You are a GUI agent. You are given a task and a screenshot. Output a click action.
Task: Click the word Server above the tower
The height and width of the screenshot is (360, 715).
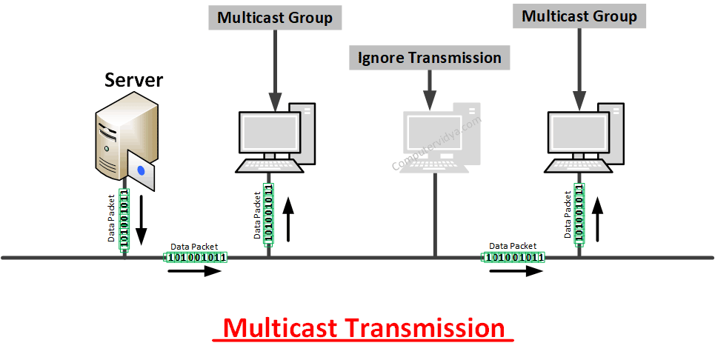click(134, 80)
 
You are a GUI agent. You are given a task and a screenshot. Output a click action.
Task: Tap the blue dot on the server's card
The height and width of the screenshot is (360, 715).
click(141, 171)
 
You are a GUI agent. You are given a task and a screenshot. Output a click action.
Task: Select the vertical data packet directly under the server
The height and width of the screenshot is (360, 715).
click(124, 217)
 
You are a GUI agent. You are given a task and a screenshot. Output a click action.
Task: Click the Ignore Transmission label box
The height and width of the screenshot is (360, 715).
click(429, 58)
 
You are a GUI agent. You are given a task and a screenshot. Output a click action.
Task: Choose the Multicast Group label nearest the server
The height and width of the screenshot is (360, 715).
click(276, 17)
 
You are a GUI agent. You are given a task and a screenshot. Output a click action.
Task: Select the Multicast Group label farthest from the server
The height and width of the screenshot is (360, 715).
click(579, 16)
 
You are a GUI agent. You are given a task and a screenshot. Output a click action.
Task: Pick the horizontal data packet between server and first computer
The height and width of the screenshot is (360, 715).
click(194, 257)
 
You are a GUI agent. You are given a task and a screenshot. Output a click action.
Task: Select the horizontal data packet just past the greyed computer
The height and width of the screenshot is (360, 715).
click(513, 257)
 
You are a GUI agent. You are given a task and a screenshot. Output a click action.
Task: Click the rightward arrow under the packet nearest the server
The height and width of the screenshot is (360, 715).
click(194, 271)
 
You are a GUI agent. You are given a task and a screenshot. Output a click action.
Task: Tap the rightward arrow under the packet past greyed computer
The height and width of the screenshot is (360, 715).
click(516, 271)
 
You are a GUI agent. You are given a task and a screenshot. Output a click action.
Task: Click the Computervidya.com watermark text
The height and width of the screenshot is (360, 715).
click(436, 144)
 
